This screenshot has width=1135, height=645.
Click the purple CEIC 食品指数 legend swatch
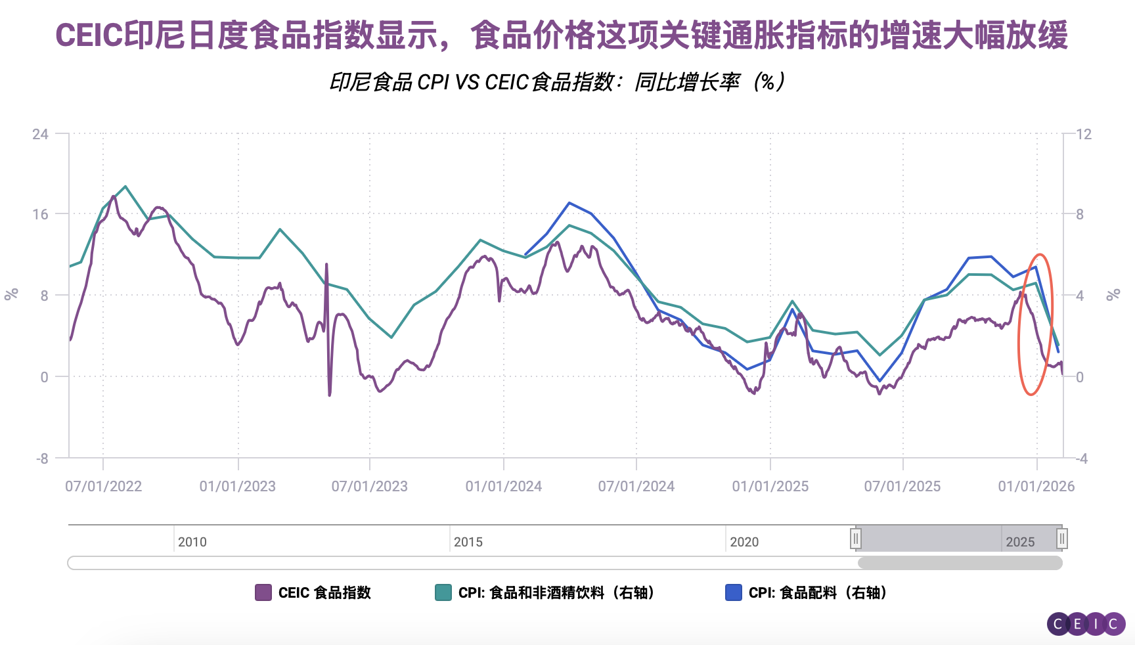pyautogui.click(x=263, y=592)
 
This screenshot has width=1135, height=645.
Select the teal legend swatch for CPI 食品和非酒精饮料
pyautogui.click(x=443, y=592)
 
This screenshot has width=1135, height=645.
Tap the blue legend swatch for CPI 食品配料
pyautogui.click(x=734, y=592)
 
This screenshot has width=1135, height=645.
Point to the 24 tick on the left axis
pyautogui.click(x=40, y=135)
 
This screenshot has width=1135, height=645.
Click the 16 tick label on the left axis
pyautogui.click(x=40, y=214)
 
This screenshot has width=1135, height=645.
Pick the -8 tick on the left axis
pyautogui.click(x=42, y=458)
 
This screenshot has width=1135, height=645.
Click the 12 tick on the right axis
pyautogui.click(x=1084, y=135)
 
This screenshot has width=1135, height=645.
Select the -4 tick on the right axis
pyautogui.click(x=1082, y=458)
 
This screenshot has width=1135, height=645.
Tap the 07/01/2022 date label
pyautogui.click(x=103, y=487)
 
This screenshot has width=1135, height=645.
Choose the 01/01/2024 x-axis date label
pyautogui.click(x=504, y=487)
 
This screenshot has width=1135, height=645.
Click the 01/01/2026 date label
pyautogui.click(x=1036, y=487)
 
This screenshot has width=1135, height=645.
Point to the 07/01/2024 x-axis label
pyautogui.click(x=636, y=487)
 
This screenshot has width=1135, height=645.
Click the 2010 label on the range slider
pyautogui.click(x=192, y=542)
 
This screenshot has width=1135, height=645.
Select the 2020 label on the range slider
pyautogui.click(x=744, y=542)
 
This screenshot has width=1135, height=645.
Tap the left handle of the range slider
pyautogui.click(x=856, y=539)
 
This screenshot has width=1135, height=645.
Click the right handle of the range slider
pyautogui.click(x=1061, y=539)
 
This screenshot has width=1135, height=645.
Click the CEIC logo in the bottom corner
pyautogui.click(x=1086, y=623)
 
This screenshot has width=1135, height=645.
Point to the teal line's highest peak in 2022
pyautogui.click(x=125, y=187)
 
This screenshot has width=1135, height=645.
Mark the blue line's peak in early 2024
pyautogui.click(x=569, y=203)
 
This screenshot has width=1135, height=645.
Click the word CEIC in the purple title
pyautogui.click(x=89, y=35)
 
